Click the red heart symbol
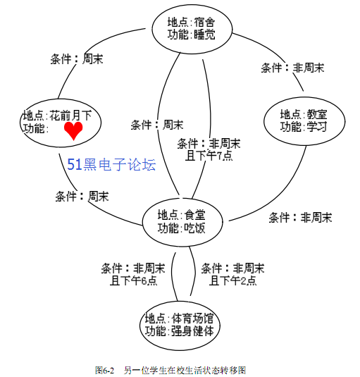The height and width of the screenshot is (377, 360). (73, 130)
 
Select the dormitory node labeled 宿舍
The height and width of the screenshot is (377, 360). (192, 29)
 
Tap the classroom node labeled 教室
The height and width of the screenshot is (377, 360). (304, 121)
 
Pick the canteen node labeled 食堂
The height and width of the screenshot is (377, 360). (182, 222)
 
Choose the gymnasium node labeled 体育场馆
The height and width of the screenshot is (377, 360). (180, 326)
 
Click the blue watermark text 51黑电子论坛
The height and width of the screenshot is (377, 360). (111, 164)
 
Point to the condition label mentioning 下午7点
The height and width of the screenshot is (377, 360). (209, 149)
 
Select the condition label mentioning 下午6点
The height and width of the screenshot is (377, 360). (133, 274)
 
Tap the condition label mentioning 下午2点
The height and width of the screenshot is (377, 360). (232, 274)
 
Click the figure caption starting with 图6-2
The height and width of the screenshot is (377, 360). (170, 370)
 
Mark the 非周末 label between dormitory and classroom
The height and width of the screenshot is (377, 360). (292, 68)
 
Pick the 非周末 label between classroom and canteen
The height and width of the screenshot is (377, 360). (300, 218)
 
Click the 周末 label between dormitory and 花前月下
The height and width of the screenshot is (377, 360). (77, 59)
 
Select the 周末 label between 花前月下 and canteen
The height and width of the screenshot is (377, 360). (82, 197)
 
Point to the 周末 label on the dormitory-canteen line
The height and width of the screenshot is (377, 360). (157, 125)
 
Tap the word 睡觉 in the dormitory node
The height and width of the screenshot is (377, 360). (204, 35)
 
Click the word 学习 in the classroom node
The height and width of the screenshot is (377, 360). (316, 126)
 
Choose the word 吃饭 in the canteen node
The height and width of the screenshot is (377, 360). (194, 228)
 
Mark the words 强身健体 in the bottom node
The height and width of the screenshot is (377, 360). (192, 330)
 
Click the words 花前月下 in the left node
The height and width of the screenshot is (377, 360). (70, 116)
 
